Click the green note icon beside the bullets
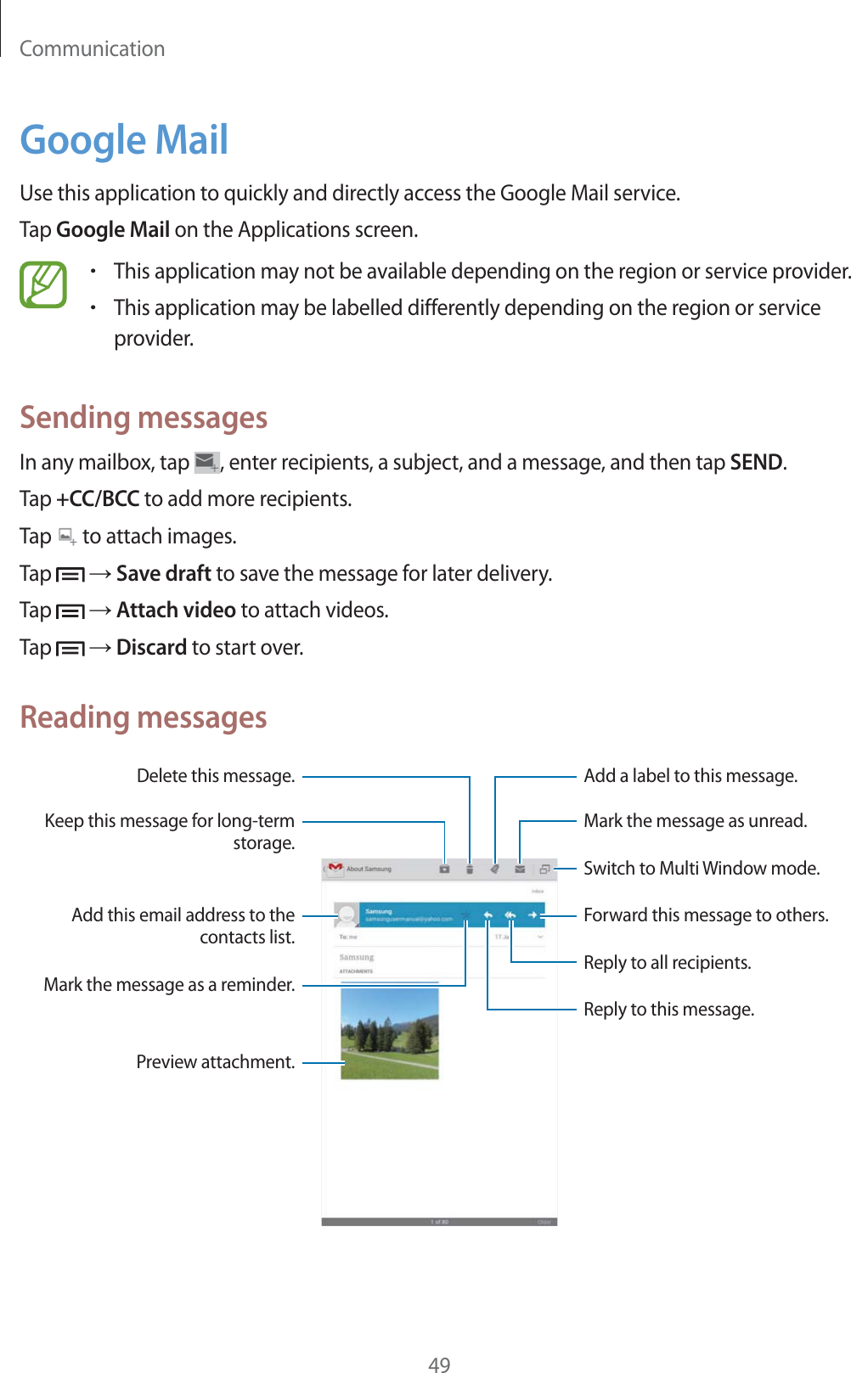point(43,285)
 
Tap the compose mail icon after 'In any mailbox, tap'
point(206,463)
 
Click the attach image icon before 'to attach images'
point(67,537)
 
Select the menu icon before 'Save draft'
point(70,575)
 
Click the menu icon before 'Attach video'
point(70,611)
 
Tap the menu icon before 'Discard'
point(70,649)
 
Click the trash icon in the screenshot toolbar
point(470,869)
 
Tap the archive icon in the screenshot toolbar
point(444,869)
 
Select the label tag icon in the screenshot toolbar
point(494,869)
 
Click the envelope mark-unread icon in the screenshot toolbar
point(519,869)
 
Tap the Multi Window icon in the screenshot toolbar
point(544,869)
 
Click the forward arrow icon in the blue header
point(532,915)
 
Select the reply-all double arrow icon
point(510,915)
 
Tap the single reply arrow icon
point(488,915)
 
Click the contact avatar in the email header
point(347,915)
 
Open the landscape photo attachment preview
point(390,1033)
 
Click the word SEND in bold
point(756,463)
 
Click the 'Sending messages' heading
point(144,418)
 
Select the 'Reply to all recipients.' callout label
point(667,963)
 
